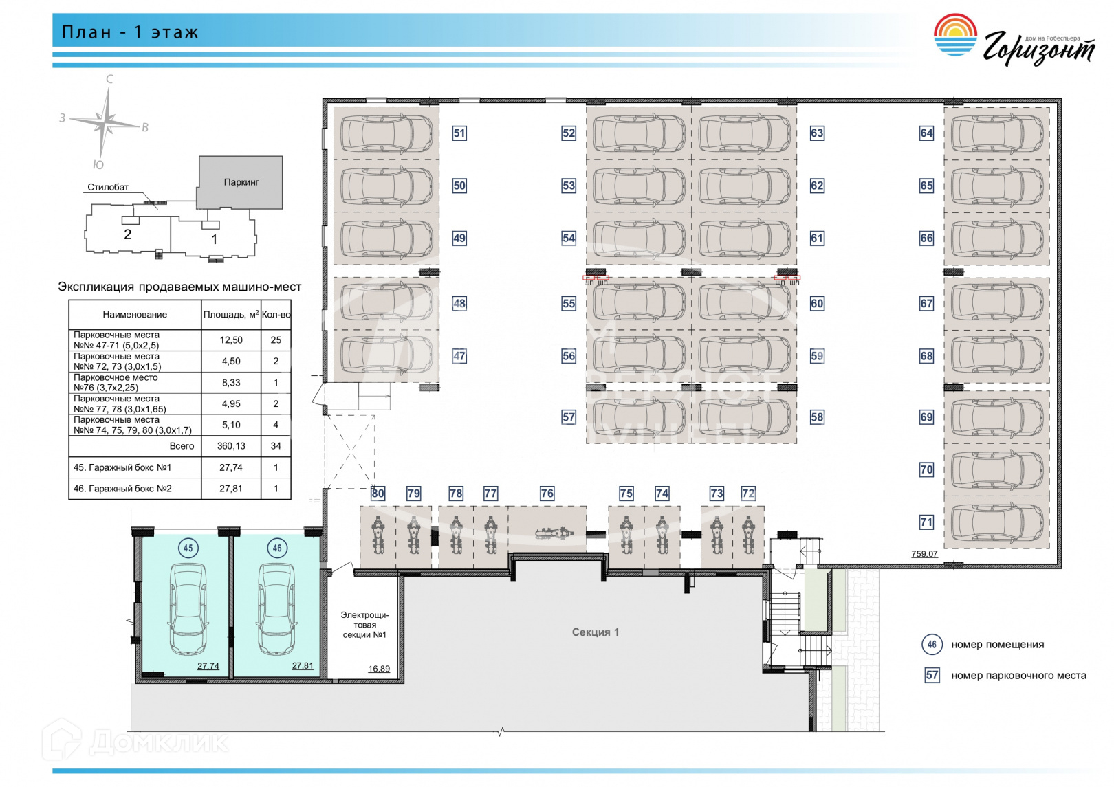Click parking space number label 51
coord(459,133)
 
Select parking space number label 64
coord(926,133)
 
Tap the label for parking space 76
coord(547,494)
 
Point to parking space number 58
coord(817,417)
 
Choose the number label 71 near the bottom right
coord(926,522)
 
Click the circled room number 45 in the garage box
coord(188,548)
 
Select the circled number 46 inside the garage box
coord(277,548)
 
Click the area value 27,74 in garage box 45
coord(208,666)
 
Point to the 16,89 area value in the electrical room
coord(378,669)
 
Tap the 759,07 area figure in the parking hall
coord(924,554)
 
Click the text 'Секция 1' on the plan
coord(596,632)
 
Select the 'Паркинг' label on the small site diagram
coord(241,182)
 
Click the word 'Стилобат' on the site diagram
coord(108,187)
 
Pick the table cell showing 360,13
coord(231,446)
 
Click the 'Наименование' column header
coord(135,315)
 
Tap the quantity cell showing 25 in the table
coord(276,340)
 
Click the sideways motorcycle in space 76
coord(554,533)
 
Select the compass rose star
coord(107,123)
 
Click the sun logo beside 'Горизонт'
coord(954,36)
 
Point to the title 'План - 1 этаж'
coord(130,32)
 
